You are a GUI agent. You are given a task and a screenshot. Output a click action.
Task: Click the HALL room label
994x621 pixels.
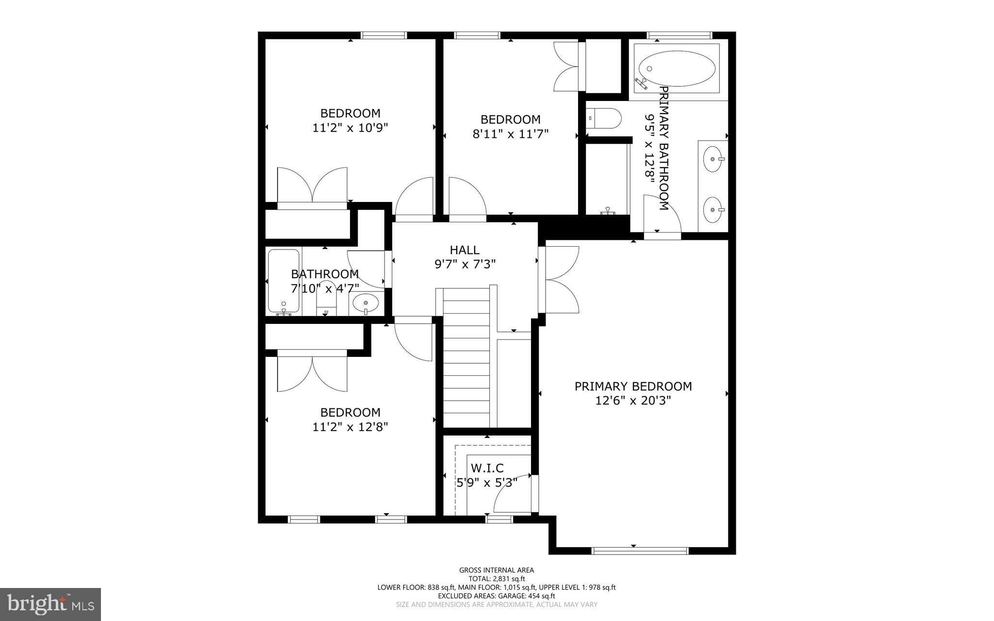coord(464,250)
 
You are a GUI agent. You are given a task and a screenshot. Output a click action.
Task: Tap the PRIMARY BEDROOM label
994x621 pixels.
coord(633,386)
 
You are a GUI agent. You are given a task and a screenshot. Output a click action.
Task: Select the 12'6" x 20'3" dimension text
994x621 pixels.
coord(633,401)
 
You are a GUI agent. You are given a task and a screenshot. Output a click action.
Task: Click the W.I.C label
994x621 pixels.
coord(487,468)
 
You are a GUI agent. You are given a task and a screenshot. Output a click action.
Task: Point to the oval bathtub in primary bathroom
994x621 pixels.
coord(676,69)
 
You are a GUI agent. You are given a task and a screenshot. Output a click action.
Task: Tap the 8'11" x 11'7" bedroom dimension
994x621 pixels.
coord(510,134)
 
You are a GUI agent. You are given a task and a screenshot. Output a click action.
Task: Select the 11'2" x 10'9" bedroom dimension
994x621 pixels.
coord(350,128)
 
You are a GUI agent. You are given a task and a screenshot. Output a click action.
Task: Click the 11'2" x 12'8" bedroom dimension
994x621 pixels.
coord(350,427)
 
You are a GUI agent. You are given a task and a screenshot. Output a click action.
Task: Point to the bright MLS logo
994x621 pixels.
coord(50,604)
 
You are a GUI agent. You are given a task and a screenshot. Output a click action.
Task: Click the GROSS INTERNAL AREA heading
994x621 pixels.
coord(496,570)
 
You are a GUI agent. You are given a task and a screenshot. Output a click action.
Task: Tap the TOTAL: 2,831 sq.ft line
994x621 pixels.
coord(496,579)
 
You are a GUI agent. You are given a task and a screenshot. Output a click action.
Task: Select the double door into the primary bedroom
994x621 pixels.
coord(561,280)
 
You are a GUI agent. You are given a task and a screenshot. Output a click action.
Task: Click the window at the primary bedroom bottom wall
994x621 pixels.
coord(640,550)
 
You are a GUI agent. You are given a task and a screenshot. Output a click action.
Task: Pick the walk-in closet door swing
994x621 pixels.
coord(514,494)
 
